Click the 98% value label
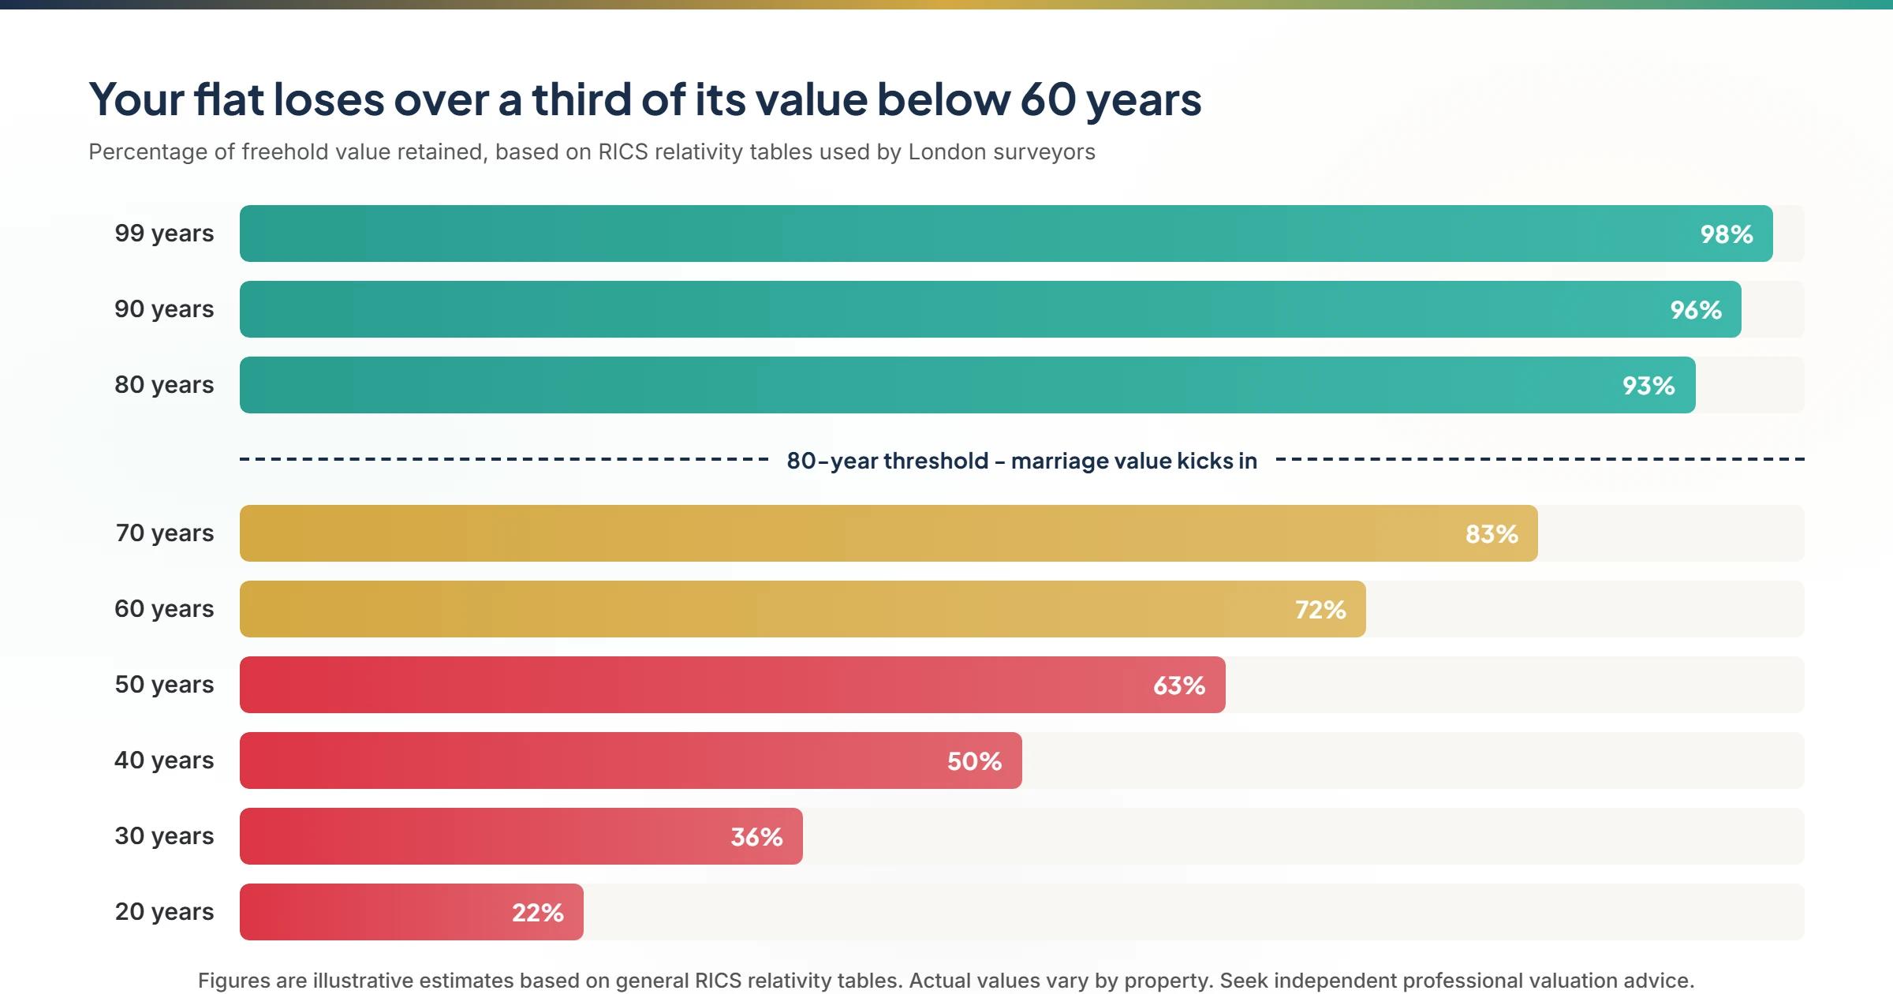1726,234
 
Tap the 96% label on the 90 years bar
1695,310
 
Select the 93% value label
1648,386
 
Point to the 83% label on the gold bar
1491,534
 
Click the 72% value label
1320,610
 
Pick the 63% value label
1178,686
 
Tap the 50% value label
974,761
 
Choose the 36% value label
756,837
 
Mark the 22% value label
537,913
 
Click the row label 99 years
164,234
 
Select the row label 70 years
164,533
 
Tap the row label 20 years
164,912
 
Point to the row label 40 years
164,760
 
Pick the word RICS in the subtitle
622,151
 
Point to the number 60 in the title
1048,100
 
